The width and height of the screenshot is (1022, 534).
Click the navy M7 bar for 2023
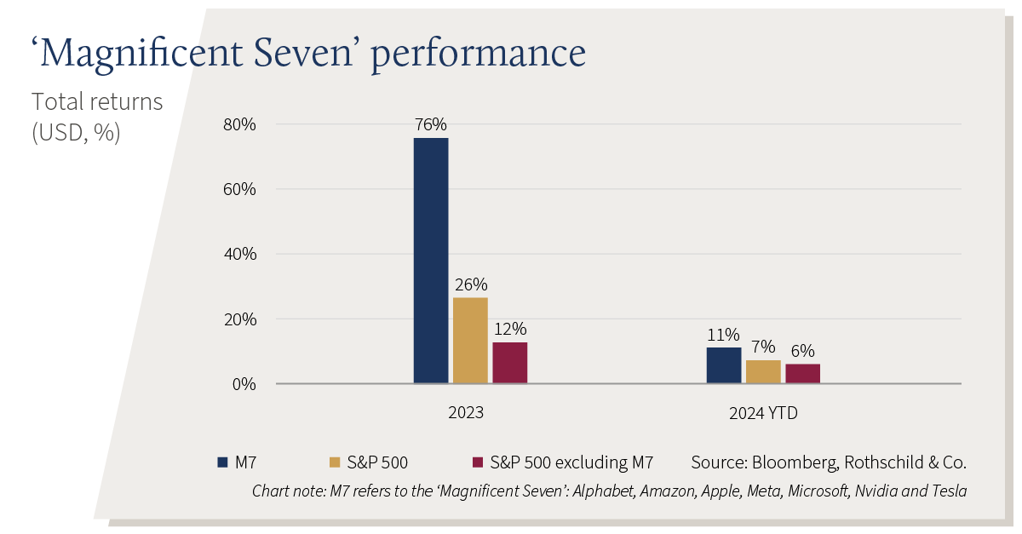coord(431,260)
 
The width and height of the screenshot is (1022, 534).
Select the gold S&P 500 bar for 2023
coord(470,341)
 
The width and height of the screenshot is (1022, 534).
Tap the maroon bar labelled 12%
coord(509,363)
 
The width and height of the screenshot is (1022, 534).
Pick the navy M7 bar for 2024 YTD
coord(724,365)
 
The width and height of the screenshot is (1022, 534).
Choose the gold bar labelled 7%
coord(763,371)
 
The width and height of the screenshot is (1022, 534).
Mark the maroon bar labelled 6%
coord(802,373)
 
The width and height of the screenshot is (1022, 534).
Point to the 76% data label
coord(431,124)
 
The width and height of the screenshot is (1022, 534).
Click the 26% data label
coord(471,284)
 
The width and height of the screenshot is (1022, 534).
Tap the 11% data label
coord(723,335)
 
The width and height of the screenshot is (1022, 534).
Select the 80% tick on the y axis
coord(239,124)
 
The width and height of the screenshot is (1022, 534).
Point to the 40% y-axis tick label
coord(240,254)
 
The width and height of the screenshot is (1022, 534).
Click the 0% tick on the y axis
coord(244,384)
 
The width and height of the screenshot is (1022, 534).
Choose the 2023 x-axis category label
coord(465,412)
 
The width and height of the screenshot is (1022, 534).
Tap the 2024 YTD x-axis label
coord(763,413)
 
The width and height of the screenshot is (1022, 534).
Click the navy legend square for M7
coord(222,462)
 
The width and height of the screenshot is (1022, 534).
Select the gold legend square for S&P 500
coord(335,462)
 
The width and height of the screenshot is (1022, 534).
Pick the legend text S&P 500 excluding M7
coord(571,462)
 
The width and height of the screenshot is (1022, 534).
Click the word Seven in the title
coord(303,53)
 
